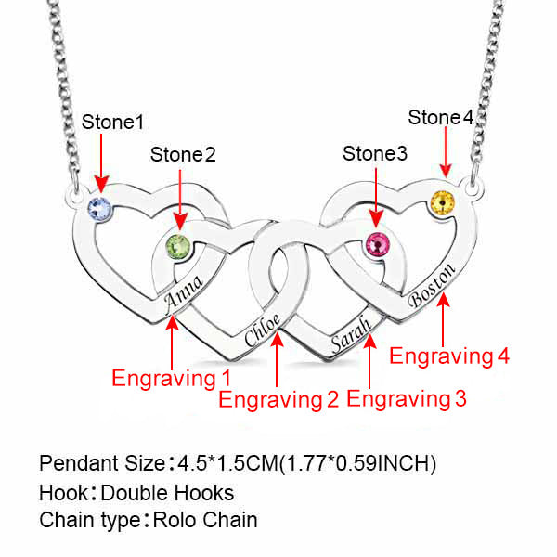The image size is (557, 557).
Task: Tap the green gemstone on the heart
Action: click(176, 248)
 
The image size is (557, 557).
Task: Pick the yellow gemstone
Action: click(444, 201)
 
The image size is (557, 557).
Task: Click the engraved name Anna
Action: click(184, 293)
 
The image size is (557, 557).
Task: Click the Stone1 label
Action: click(113, 123)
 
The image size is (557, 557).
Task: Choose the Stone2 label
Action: click(182, 154)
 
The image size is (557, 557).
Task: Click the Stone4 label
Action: click(441, 118)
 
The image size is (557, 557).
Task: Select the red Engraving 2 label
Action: click(278, 400)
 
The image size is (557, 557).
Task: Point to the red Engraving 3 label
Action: click(407, 400)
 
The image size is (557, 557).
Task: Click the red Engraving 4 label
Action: click(449, 356)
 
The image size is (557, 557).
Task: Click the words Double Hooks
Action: click(167, 493)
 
